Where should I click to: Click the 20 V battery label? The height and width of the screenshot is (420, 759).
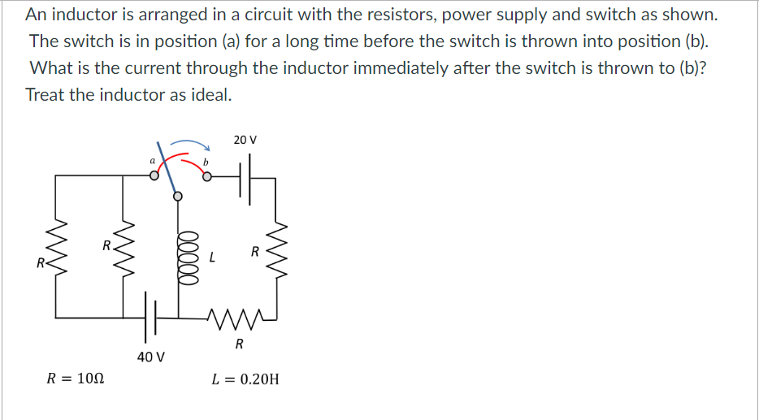245,140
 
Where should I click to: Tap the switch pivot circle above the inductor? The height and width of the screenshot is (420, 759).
178,196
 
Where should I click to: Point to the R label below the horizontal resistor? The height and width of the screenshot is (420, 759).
239,344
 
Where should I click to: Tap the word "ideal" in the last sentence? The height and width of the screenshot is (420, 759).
213,94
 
